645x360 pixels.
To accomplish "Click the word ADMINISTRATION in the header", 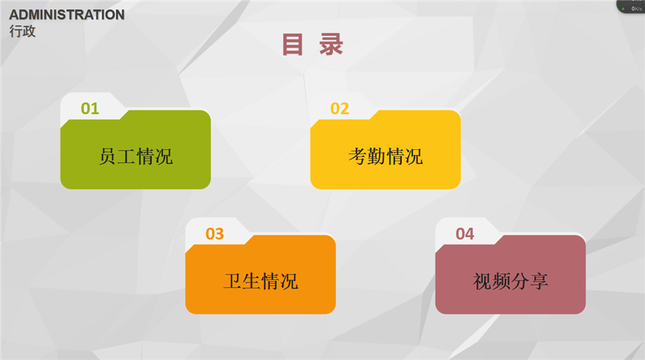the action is pyautogui.click(x=67, y=15).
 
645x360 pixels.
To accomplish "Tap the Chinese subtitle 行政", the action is pyautogui.click(x=23, y=32).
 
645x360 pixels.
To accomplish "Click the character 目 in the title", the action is pyautogui.click(x=292, y=44).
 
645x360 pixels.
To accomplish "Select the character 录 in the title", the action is pyautogui.click(x=331, y=44).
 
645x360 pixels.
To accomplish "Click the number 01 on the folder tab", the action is pyautogui.click(x=90, y=108).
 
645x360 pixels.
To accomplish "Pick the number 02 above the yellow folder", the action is pyautogui.click(x=340, y=108).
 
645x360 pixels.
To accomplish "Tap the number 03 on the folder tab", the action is pyautogui.click(x=215, y=234).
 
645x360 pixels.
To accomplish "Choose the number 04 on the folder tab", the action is pyautogui.click(x=465, y=234).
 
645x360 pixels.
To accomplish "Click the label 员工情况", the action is pyautogui.click(x=135, y=156).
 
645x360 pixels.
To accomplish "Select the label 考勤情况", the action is pyautogui.click(x=386, y=156).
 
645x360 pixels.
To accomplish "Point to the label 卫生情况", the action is pyautogui.click(x=261, y=281).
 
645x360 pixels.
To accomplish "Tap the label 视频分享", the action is pyautogui.click(x=510, y=281).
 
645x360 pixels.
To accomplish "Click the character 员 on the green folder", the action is pyautogui.click(x=107, y=156).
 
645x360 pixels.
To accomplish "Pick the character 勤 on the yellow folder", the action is pyautogui.click(x=376, y=156).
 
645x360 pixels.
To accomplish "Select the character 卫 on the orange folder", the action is pyautogui.click(x=232, y=281).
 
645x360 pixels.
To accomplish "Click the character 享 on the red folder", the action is pyautogui.click(x=539, y=281).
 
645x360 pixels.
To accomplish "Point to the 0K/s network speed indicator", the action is pyautogui.click(x=636, y=9).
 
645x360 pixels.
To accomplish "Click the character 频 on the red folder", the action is pyautogui.click(x=501, y=281).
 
